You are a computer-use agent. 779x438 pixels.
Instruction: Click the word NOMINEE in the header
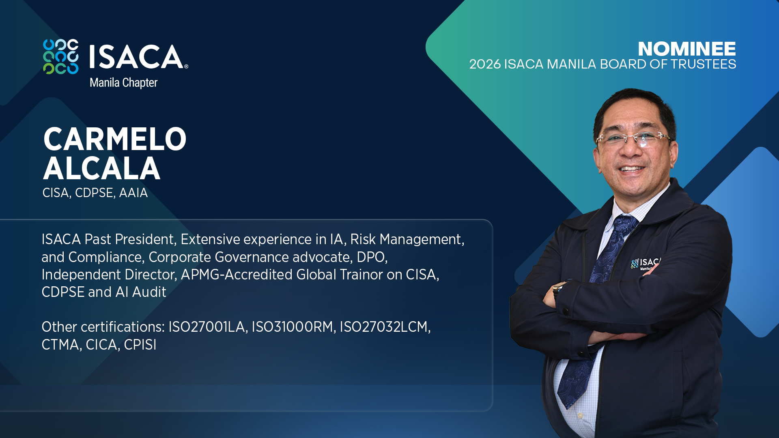pyautogui.click(x=686, y=49)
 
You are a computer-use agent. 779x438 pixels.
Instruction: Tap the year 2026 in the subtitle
pyautogui.click(x=485, y=64)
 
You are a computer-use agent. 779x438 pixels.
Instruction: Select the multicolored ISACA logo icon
pyautogui.click(x=61, y=57)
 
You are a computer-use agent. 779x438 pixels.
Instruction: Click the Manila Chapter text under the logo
pyautogui.click(x=123, y=83)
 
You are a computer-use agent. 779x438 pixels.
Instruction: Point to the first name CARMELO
pyautogui.click(x=115, y=139)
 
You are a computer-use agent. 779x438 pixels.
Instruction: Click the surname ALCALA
pyautogui.click(x=102, y=168)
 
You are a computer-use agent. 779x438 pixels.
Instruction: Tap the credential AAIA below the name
pyautogui.click(x=133, y=193)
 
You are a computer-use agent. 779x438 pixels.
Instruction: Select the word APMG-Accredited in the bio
pyautogui.click(x=237, y=275)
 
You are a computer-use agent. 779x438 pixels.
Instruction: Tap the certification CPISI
pyautogui.click(x=140, y=345)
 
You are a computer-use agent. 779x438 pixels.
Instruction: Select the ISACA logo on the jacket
pyautogui.click(x=646, y=264)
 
